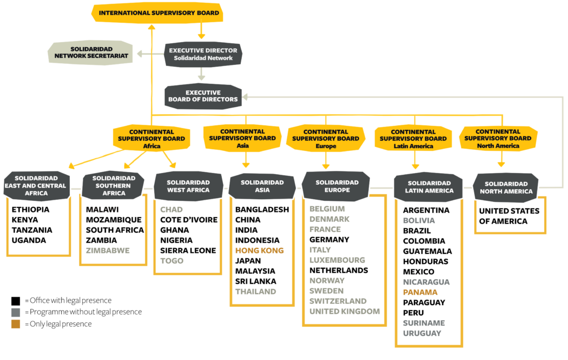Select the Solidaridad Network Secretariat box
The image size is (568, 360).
tap(90, 53)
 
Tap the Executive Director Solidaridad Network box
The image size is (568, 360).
tap(203, 54)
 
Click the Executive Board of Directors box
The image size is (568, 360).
tap(203, 97)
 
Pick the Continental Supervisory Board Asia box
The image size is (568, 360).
tap(242, 138)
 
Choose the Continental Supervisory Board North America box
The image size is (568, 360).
tap(498, 138)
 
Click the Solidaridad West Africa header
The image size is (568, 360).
tap(188, 186)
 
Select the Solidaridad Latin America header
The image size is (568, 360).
tap(429, 187)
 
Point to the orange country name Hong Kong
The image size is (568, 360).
tap(260, 251)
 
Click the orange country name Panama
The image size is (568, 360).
tap(420, 292)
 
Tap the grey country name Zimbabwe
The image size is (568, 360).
tap(108, 251)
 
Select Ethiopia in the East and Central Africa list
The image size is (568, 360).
tap(31, 210)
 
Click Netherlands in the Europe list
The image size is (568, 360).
tap(339, 271)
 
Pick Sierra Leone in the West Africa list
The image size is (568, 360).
tap(188, 251)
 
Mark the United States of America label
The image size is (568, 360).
tap(509, 216)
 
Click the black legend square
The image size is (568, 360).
tap(16, 301)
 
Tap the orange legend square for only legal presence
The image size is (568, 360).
tap(16, 324)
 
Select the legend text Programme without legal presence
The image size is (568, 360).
tap(85, 312)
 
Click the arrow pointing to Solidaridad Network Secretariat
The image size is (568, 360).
tap(151, 54)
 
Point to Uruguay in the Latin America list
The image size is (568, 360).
tap(422, 333)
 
